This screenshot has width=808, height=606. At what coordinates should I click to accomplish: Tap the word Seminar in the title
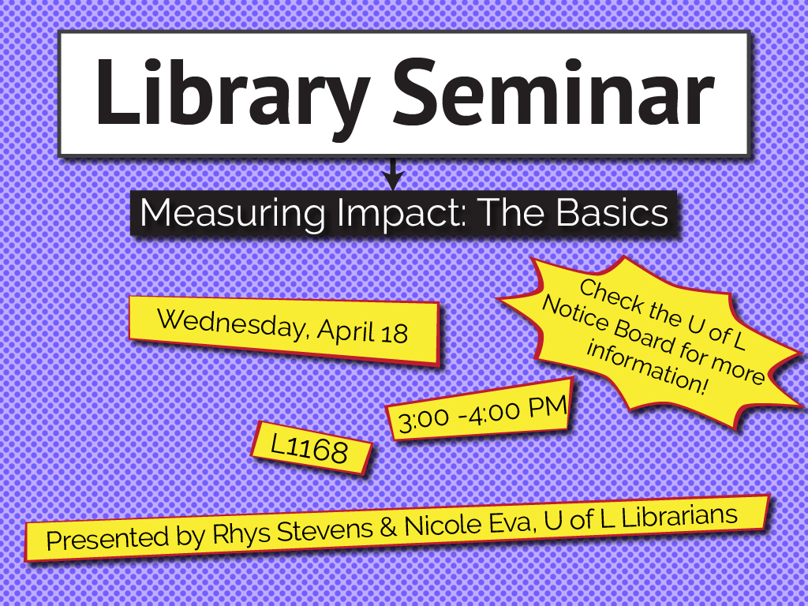(554, 93)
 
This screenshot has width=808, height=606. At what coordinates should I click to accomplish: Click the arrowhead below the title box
(393, 181)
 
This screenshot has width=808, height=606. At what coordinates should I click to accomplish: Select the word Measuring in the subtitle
(233, 213)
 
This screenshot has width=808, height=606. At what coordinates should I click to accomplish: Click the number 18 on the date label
(395, 334)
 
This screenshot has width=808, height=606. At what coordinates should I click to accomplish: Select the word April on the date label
(346, 331)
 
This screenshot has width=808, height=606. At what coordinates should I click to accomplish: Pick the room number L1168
(309, 448)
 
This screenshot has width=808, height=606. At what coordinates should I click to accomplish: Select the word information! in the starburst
(648, 366)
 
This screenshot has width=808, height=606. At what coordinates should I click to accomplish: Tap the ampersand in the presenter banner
(388, 526)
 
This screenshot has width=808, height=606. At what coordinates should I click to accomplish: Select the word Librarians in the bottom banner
(679, 516)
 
